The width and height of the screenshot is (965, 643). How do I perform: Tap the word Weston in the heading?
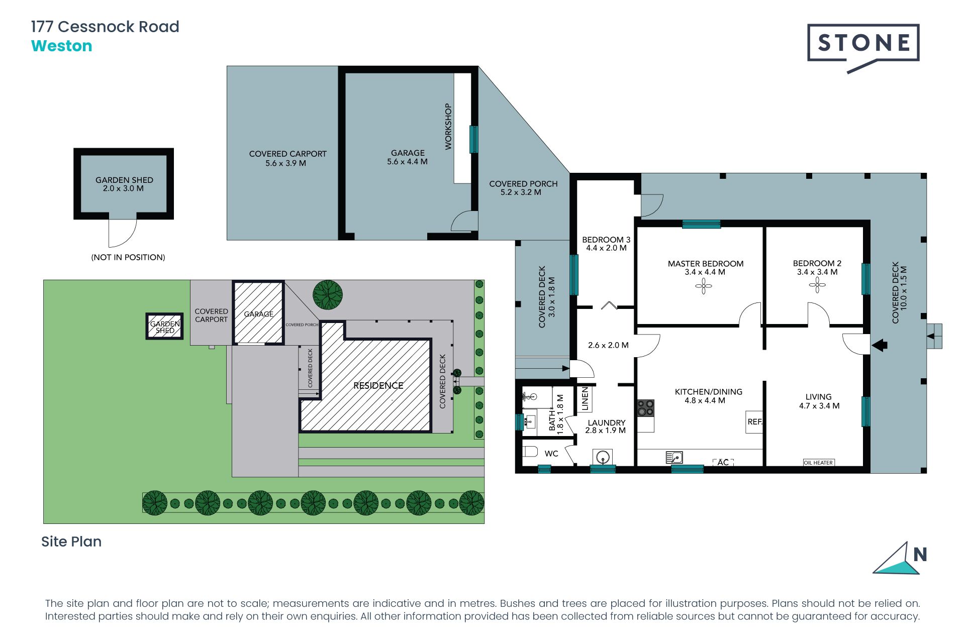(61, 46)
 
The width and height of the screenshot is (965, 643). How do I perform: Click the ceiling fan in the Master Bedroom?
(703, 287)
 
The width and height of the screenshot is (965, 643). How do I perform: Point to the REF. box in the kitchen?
(754, 422)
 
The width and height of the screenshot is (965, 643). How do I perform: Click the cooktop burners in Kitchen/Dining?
(646, 408)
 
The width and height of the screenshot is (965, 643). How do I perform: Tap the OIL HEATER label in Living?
(818, 463)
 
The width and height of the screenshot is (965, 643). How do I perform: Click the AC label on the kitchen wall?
(723, 462)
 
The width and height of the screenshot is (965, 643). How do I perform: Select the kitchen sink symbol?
(674, 457)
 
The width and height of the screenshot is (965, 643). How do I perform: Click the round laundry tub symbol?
(603, 458)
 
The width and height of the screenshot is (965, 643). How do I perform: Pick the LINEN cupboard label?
(585, 398)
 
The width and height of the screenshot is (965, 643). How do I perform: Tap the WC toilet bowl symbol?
(530, 451)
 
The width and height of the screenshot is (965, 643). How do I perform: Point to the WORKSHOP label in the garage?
(448, 127)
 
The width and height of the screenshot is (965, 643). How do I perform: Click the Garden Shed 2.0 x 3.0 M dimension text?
(123, 188)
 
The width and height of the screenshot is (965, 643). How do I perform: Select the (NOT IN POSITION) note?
(128, 257)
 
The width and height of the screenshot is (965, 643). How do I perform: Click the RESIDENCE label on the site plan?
(378, 385)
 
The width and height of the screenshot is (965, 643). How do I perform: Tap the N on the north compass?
(920, 555)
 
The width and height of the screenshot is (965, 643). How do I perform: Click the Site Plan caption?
(71, 542)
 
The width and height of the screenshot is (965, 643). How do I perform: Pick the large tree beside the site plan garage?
(328, 294)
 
